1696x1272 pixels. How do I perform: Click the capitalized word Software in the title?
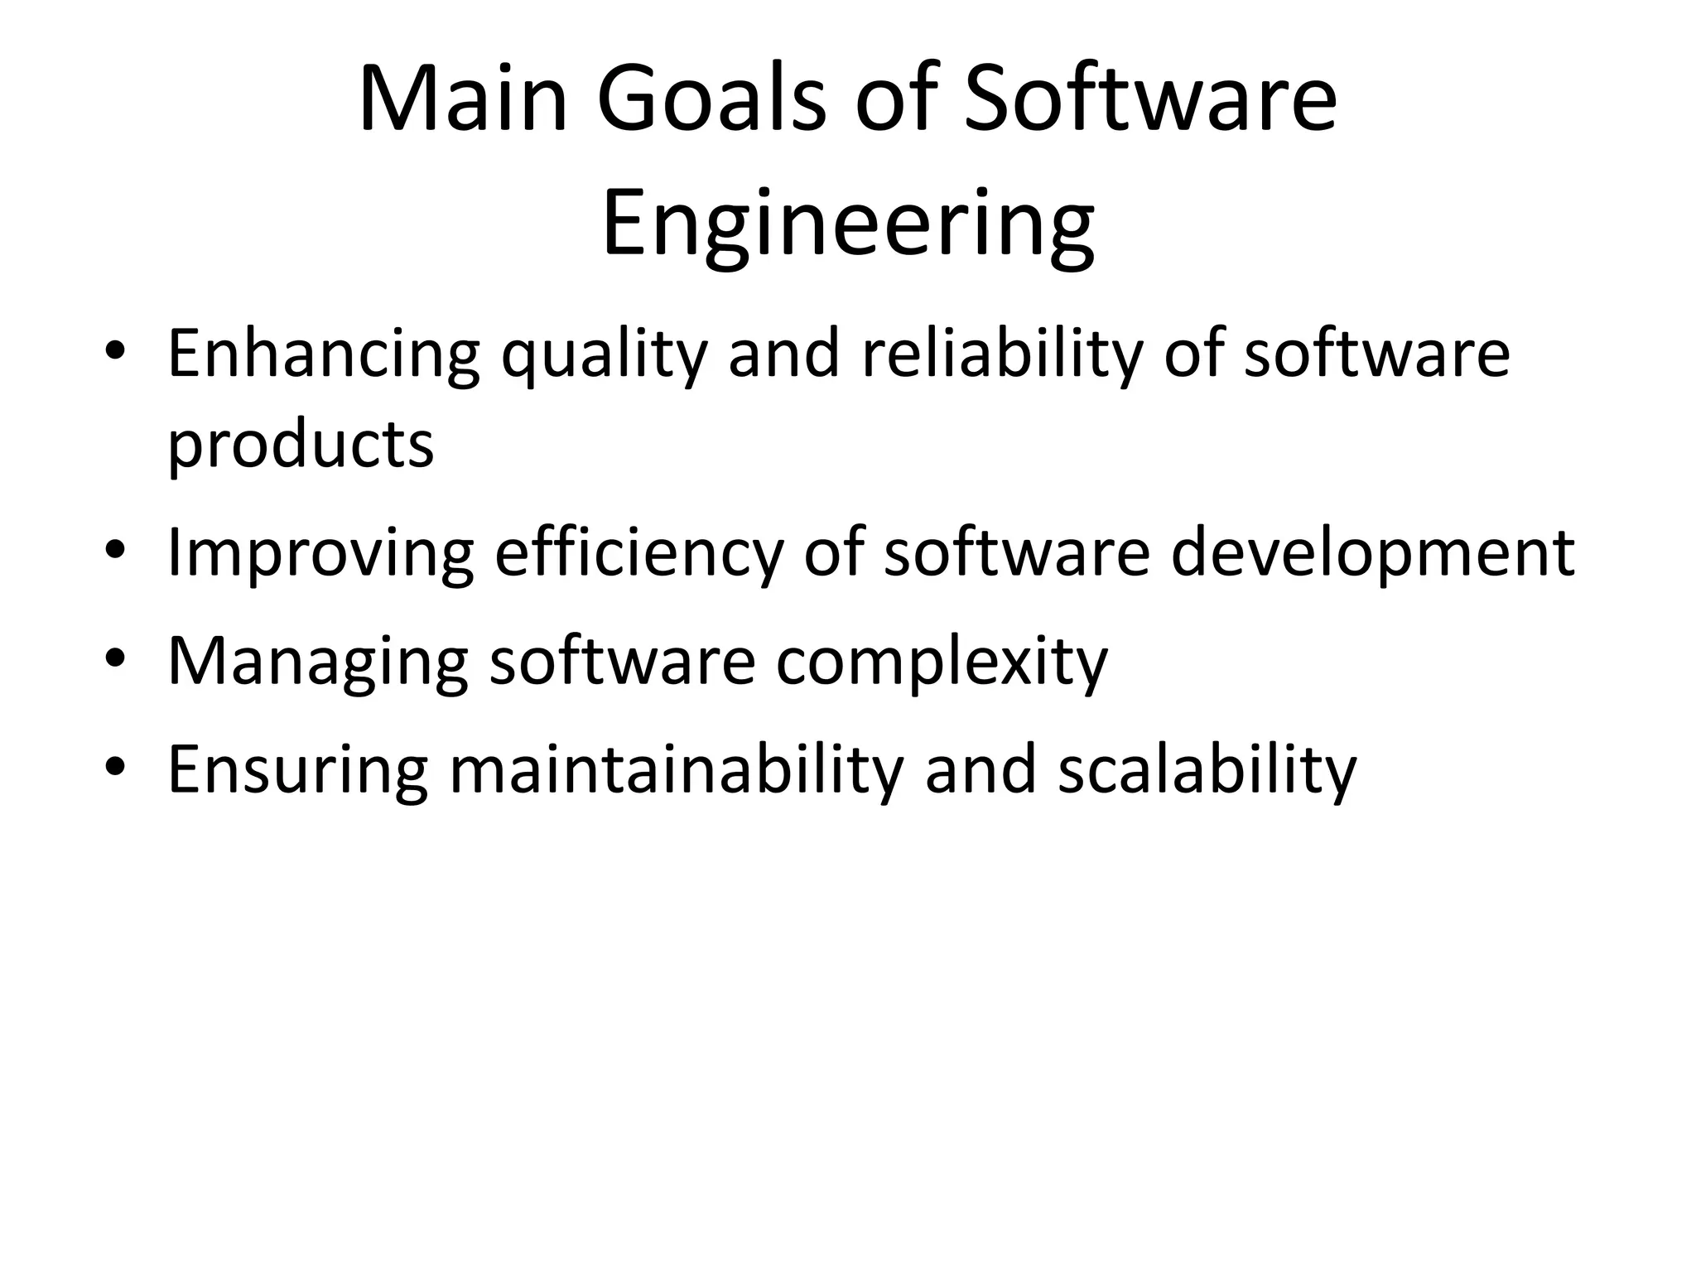tap(1150, 100)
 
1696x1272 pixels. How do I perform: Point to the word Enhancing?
tap(324, 354)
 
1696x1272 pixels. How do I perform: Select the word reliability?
tap(1002, 354)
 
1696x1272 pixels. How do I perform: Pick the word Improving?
tap(320, 554)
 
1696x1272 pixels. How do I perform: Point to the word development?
tap(1372, 554)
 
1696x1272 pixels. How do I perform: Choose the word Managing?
tap(318, 662)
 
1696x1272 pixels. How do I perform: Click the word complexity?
tap(942, 662)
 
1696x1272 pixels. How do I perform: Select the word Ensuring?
tap(298, 771)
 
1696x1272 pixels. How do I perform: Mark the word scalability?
tap(1207, 769)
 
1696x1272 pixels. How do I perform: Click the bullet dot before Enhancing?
tap(115, 351)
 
